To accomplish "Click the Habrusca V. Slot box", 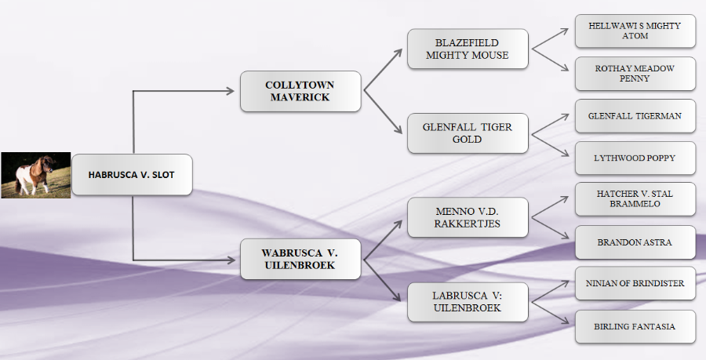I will [132, 175].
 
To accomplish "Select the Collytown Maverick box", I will [300, 91].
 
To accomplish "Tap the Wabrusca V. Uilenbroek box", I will [300, 259].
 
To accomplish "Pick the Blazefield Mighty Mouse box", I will [468, 49].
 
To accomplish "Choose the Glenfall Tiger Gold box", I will [468, 133].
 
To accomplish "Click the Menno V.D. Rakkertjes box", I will [468, 217].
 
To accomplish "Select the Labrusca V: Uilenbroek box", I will [468, 302].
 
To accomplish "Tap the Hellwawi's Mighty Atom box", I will [635, 31].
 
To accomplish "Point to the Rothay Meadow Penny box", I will [635, 74].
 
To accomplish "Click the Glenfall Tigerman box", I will [635, 116].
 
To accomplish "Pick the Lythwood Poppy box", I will [635, 158].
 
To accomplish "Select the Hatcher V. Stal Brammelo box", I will [635, 200].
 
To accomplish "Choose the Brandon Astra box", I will [635, 242].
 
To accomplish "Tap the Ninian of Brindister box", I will [635, 283].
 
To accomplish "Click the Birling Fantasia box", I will [635, 326].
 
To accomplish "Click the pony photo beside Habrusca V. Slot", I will [35, 175].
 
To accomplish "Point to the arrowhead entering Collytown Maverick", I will [231, 91].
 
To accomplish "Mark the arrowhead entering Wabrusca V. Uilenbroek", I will [231, 259].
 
